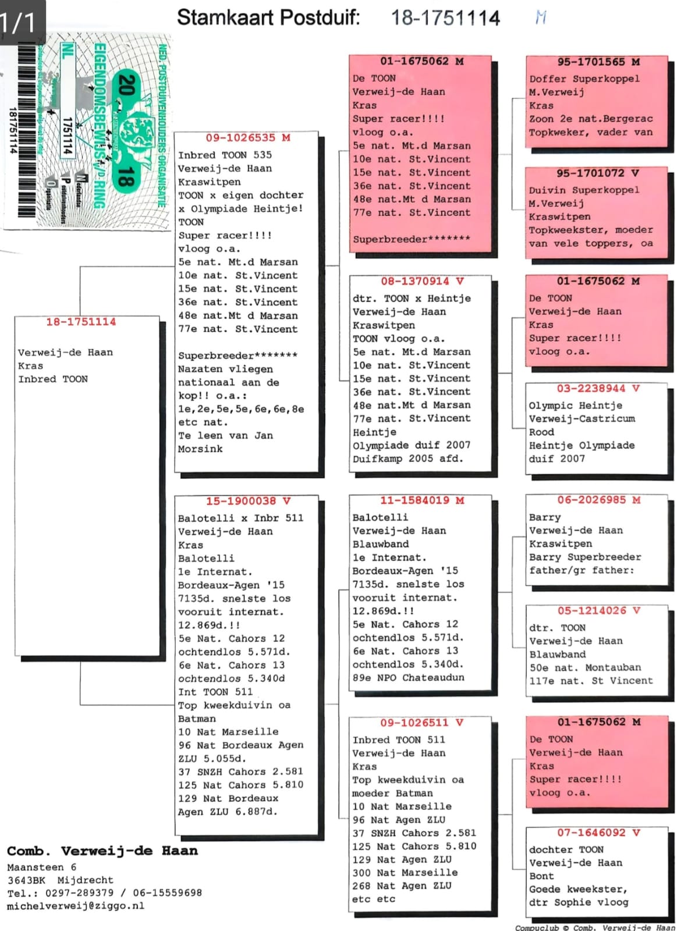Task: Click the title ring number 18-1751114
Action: coord(445,18)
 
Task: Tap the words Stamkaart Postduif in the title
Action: coord(268,17)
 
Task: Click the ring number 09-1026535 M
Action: coord(248,138)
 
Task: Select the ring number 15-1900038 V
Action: coord(248,501)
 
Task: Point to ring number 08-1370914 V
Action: coord(422,282)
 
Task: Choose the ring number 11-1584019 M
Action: coord(422,500)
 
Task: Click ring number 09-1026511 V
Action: coord(422,723)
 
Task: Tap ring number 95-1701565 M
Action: coord(598,62)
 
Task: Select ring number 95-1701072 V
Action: coord(598,173)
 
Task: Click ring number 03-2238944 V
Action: coord(598,389)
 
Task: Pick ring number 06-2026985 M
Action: coord(598,500)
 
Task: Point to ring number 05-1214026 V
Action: coord(598,610)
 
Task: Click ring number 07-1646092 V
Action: coord(598,833)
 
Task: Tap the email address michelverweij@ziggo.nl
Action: coord(76,906)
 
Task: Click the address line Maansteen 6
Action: coord(42,867)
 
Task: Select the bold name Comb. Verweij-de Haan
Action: coord(102,851)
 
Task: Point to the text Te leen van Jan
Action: coord(225,435)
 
